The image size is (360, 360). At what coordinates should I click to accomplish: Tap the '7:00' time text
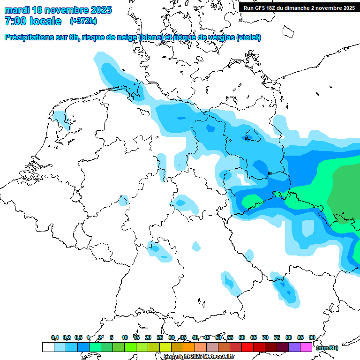[x=15, y=21]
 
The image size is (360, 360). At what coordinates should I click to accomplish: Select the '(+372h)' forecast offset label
[x=84, y=21]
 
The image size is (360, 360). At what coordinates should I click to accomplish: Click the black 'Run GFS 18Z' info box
[x=298, y=8]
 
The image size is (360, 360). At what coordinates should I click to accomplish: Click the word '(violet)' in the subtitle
[x=248, y=37]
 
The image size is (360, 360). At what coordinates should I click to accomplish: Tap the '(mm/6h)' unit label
[x=327, y=348]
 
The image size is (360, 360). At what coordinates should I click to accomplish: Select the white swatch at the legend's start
[x=48, y=347]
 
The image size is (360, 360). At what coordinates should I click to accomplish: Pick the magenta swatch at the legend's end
[x=306, y=347]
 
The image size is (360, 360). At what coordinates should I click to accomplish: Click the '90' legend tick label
[x=312, y=337]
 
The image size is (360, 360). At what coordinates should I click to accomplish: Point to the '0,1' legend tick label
[x=55, y=337]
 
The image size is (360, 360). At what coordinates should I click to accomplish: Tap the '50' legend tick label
[x=218, y=337]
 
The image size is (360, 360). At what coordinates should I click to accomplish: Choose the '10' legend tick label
[x=125, y=337]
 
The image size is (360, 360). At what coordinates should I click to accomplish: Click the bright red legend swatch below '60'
[x=247, y=347]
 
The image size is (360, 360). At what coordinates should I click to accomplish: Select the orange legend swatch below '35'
[x=189, y=347]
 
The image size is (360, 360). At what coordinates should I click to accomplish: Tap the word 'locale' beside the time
[x=46, y=21]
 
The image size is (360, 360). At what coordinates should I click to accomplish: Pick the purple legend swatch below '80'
[x=294, y=347]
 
